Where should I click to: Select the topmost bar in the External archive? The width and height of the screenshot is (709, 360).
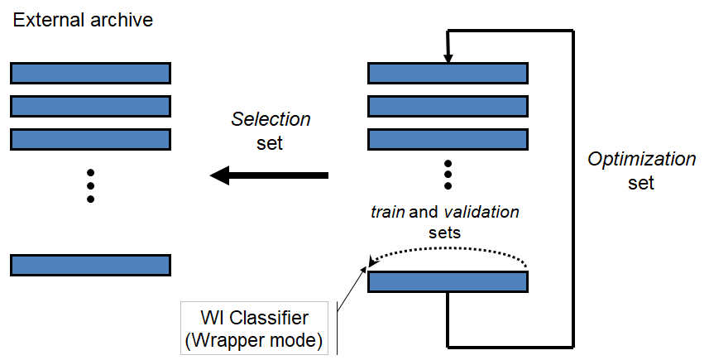pyautogui.click(x=90, y=73)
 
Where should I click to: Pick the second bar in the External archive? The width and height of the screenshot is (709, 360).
pyautogui.click(x=90, y=106)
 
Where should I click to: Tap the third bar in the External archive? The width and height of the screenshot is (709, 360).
pyautogui.click(x=90, y=138)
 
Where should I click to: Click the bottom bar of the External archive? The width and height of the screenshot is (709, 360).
pyautogui.click(x=90, y=264)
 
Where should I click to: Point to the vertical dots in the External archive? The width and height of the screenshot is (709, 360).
pyautogui.click(x=90, y=185)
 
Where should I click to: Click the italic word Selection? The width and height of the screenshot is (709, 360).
pyautogui.click(x=271, y=119)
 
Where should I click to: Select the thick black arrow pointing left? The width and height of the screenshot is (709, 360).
pyautogui.click(x=269, y=175)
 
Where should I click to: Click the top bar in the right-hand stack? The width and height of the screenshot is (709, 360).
pyautogui.click(x=448, y=73)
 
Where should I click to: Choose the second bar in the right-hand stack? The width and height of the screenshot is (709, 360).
pyautogui.click(x=448, y=106)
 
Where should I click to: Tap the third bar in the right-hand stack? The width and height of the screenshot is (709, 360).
pyautogui.click(x=448, y=138)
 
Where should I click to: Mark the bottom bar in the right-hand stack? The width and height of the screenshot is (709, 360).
pyautogui.click(x=448, y=281)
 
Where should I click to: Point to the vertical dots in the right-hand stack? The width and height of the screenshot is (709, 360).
pyautogui.click(x=448, y=175)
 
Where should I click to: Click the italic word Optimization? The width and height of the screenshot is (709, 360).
pyautogui.click(x=642, y=159)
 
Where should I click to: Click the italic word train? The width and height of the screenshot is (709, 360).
pyautogui.click(x=387, y=213)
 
